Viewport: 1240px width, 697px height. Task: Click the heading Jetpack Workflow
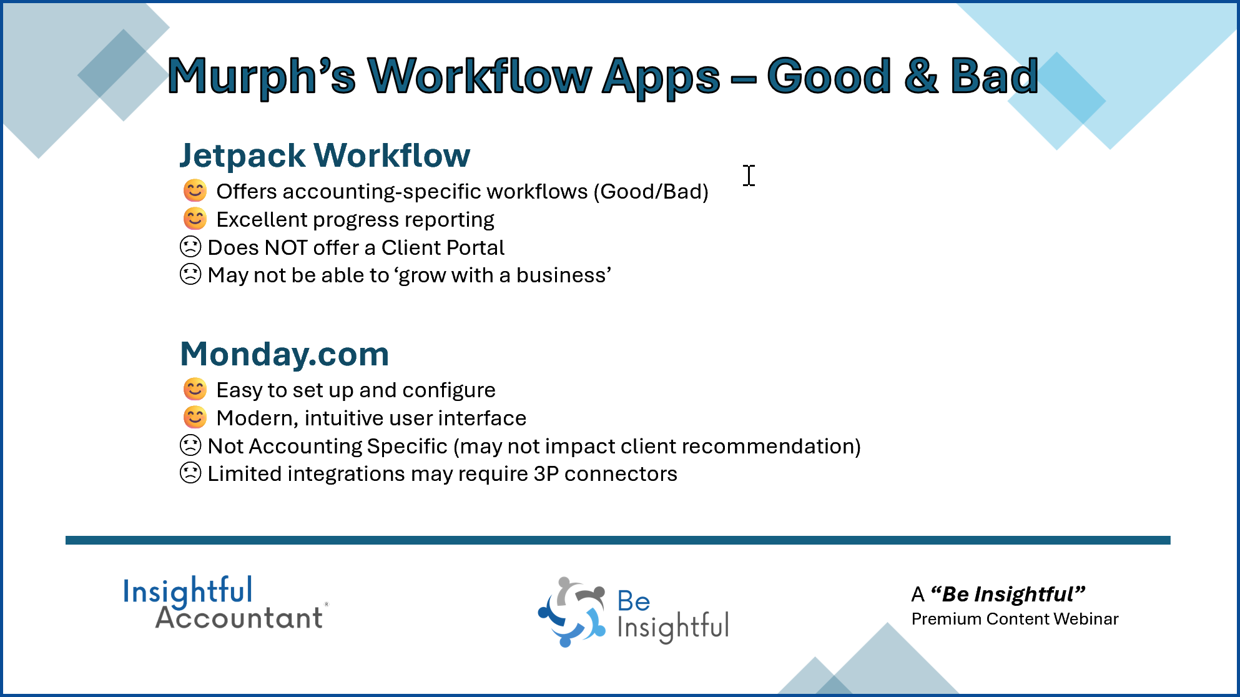coord(325,156)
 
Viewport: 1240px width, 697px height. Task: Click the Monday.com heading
coord(285,354)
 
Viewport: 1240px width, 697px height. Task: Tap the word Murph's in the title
coord(262,77)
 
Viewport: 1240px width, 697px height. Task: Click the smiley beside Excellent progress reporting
coord(195,219)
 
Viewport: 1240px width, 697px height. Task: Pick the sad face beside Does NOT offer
coord(190,247)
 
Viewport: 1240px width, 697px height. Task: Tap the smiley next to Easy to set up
coord(195,390)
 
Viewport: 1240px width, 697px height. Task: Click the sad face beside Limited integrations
coord(190,473)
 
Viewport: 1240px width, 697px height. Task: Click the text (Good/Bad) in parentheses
coord(651,192)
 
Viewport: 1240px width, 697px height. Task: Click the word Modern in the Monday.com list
coord(258,418)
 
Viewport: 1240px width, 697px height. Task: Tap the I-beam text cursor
coord(749,175)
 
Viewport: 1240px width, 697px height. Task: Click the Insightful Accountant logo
coord(225,603)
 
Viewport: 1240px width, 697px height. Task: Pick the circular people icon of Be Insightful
coord(572,611)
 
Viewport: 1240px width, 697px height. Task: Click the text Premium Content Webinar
coord(1015,619)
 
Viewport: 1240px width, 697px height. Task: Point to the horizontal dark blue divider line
coord(618,540)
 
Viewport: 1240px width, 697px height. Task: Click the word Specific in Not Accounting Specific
coord(407,447)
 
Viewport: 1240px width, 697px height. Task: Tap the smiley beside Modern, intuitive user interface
coord(195,418)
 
